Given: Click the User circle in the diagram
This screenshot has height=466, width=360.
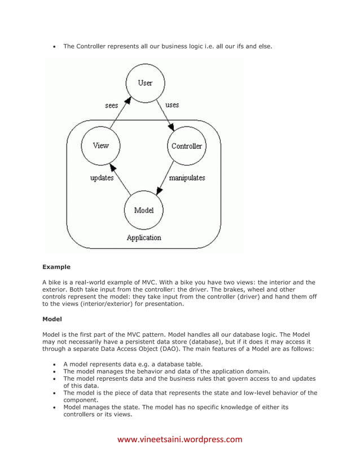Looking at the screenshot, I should tap(145, 83).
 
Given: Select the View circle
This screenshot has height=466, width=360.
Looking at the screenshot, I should tap(100, 146).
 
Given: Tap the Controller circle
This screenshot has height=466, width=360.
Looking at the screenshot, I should tap(187, 146).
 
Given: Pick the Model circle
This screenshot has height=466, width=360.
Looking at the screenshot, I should tap(144, 210).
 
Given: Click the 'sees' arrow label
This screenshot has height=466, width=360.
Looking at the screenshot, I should tap(112, 105).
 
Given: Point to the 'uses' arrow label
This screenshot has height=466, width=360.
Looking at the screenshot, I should tap(172, 105).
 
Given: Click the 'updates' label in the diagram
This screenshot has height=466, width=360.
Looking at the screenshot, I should tap(102, 178).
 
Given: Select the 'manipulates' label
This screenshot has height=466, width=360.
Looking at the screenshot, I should tap(187, 178).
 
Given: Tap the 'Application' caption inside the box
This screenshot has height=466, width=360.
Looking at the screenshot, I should tap(144, 238).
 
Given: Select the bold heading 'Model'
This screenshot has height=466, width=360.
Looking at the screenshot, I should tap(52, 319).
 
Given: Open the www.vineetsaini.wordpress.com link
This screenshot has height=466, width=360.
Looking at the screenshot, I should tap(179, 439).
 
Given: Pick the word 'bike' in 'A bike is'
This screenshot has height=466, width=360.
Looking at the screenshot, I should tap(56, 282).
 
